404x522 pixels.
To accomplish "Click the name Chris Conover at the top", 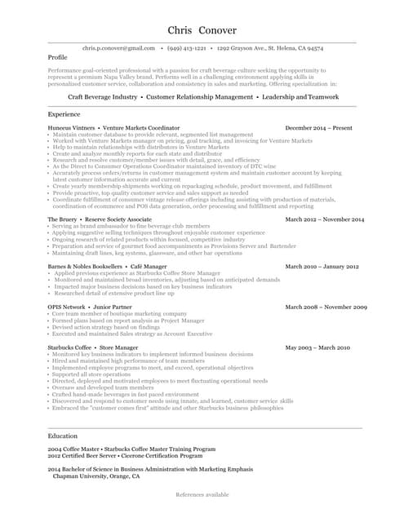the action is (202, 30).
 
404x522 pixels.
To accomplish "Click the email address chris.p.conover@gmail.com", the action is (118, 48).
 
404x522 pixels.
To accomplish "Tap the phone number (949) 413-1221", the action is (186, 48).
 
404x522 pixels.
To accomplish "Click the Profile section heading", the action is (57, 58).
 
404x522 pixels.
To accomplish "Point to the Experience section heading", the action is (64, 114).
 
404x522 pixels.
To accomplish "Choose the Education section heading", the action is (63, 436).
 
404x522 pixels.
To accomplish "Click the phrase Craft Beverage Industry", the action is (102, 96).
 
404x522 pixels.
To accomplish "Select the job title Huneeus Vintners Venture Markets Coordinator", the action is (113, 128).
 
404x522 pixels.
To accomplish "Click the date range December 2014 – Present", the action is (318, 128).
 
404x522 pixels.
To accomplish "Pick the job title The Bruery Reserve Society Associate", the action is (100, 219).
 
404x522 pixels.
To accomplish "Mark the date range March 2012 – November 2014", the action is (324, 219).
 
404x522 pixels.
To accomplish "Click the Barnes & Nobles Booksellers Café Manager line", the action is (107, 267).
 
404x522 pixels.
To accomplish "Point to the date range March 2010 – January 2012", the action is (321, 267).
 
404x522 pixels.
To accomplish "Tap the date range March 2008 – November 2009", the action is (325, 307).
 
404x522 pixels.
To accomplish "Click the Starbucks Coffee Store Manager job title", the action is (93, 347).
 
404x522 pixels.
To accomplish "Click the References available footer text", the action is (202, 494).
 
